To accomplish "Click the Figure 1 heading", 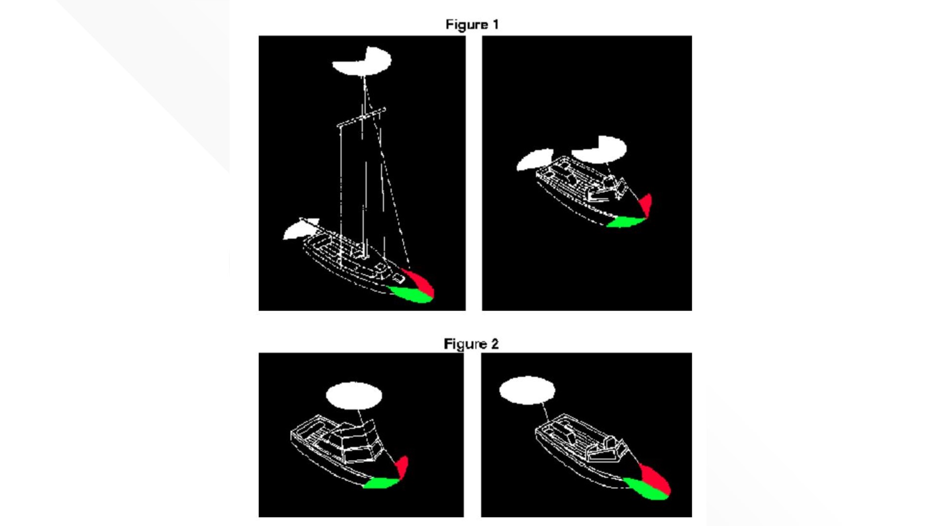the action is pos(472,25).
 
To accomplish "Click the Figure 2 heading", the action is pos(471,344).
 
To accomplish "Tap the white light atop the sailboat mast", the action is pos(362,61).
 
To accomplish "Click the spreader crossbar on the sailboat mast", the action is pos(361,117).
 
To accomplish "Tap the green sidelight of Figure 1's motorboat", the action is pos(626,222).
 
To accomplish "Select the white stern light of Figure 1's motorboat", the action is pos(535,159).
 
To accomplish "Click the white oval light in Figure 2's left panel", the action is pos(354,396).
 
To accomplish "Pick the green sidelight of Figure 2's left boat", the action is pos(382,483).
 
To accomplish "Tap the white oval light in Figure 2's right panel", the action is pos(527,390).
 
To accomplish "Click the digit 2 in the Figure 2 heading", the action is pos(495,344).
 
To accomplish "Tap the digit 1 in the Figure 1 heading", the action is pos(496,25).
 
